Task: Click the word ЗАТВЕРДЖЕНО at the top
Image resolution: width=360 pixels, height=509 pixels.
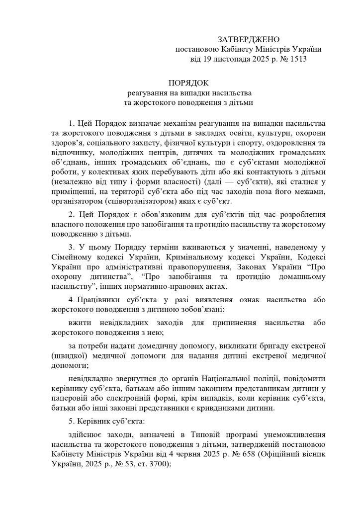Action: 249,39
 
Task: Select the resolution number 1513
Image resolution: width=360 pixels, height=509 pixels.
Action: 296,59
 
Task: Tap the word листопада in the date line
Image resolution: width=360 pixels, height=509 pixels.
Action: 227,59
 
